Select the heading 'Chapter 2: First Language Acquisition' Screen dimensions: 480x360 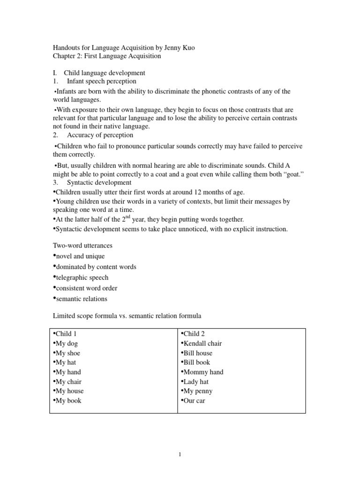pos(106,56)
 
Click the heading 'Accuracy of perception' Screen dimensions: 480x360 pos(100,135)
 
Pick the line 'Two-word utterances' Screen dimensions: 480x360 pos(82,246)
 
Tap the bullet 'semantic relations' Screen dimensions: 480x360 pos(81,299)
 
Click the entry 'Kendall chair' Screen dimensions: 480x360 pos(202,344)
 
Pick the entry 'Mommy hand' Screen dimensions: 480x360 pos(203,372)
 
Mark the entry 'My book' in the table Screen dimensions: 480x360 pos(68,401)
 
